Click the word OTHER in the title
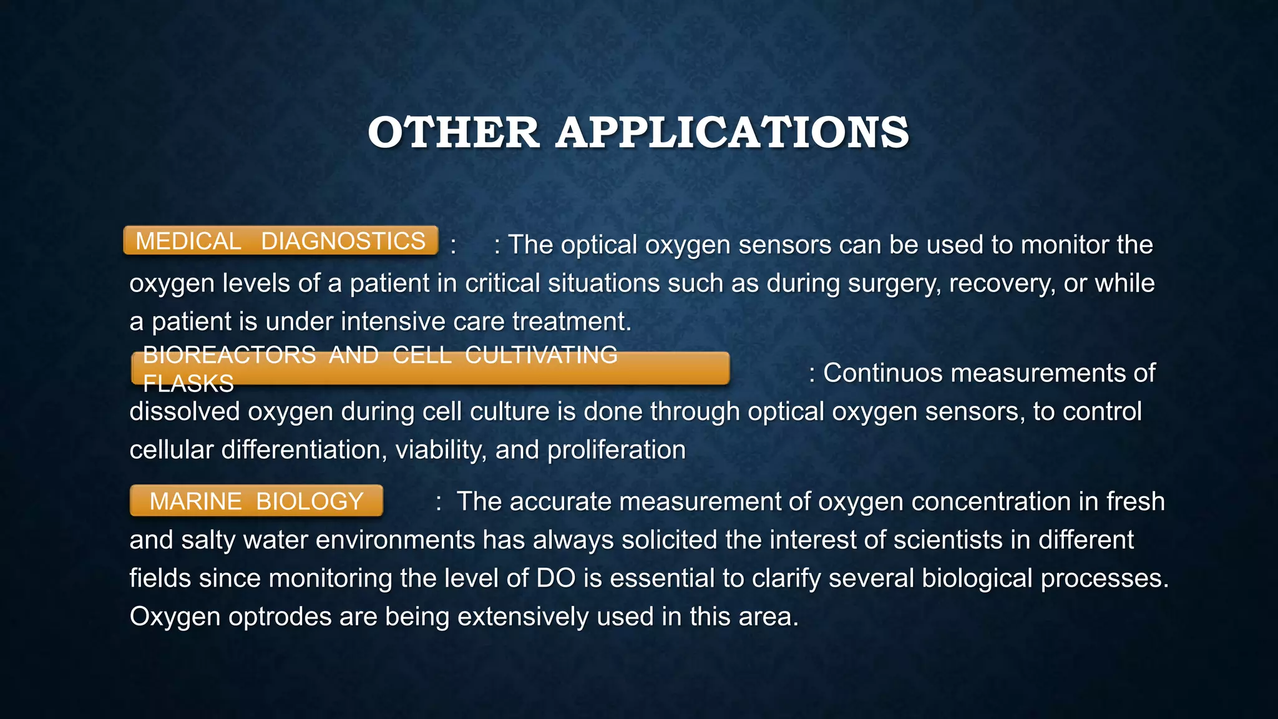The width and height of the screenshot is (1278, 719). click(454, 133)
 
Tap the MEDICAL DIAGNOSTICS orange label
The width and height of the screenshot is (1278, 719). click(280, 241)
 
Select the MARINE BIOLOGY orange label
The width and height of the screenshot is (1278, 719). click(256, 501)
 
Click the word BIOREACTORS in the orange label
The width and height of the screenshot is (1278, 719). click(229, 355)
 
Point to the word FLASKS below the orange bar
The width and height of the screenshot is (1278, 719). click(188, 383)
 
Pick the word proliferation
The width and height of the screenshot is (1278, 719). click(616, 451)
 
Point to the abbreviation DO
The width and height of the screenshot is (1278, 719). click(555, 578)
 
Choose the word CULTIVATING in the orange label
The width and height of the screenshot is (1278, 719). click(541, 355)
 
